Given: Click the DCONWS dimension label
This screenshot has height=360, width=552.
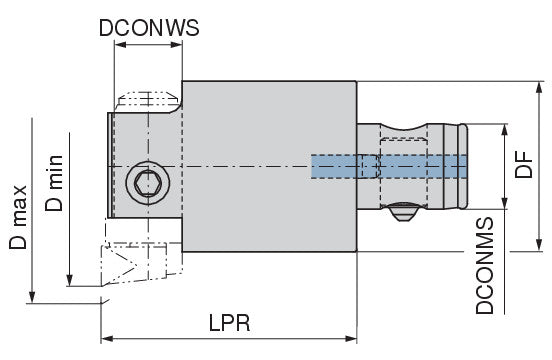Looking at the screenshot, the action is [149, 28].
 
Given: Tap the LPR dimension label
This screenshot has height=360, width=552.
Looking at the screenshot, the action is [230, 323].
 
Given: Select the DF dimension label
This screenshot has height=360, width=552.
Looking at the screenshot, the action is [524, 164].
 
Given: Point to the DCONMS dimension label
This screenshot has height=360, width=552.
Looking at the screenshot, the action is [485, 266].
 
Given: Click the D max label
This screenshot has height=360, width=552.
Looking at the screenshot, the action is [18, 217].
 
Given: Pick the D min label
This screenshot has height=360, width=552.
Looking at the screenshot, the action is [54, 183].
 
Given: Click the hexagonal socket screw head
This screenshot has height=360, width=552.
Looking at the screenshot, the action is [148, 183].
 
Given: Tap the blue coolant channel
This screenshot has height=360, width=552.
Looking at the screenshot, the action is [389, 166].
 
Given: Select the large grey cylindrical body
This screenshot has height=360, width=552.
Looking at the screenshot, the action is [269, 166].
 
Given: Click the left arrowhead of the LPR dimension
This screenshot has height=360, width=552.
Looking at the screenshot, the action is [107, 339].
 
